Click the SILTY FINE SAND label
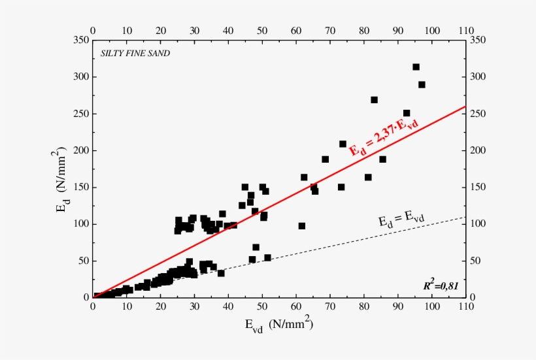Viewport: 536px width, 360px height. pos(135,54)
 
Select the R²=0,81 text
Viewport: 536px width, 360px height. pos(443,286)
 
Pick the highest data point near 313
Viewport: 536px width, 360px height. pos(416,67)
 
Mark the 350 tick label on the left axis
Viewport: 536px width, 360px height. pos(82,41)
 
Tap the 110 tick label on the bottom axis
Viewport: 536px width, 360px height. pos(465,310)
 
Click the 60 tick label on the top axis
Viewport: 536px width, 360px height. pos(296,30)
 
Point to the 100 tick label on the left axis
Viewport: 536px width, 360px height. pos(82,224)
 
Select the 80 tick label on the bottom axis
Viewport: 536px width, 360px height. pos(364,310)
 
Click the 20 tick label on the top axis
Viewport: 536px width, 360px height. pos(161,30)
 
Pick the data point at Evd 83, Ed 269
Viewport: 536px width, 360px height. pos(375,100)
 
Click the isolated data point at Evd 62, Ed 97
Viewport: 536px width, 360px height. pos(302,226)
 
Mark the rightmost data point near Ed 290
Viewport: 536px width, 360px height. pos(422,84)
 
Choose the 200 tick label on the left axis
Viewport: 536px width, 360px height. pos(82,151)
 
